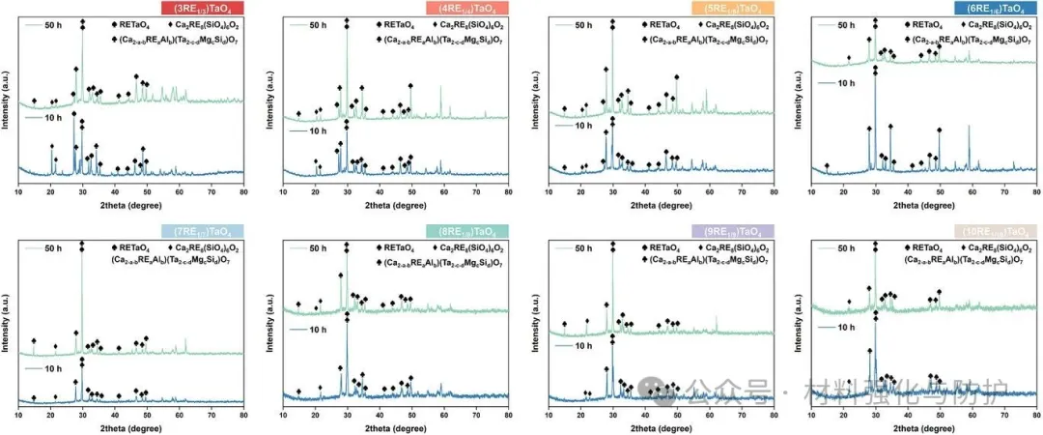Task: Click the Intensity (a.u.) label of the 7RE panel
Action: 9,319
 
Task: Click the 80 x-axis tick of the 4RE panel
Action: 508,193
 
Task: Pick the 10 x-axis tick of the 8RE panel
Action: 282,416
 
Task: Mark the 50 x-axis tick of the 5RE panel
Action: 676,193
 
